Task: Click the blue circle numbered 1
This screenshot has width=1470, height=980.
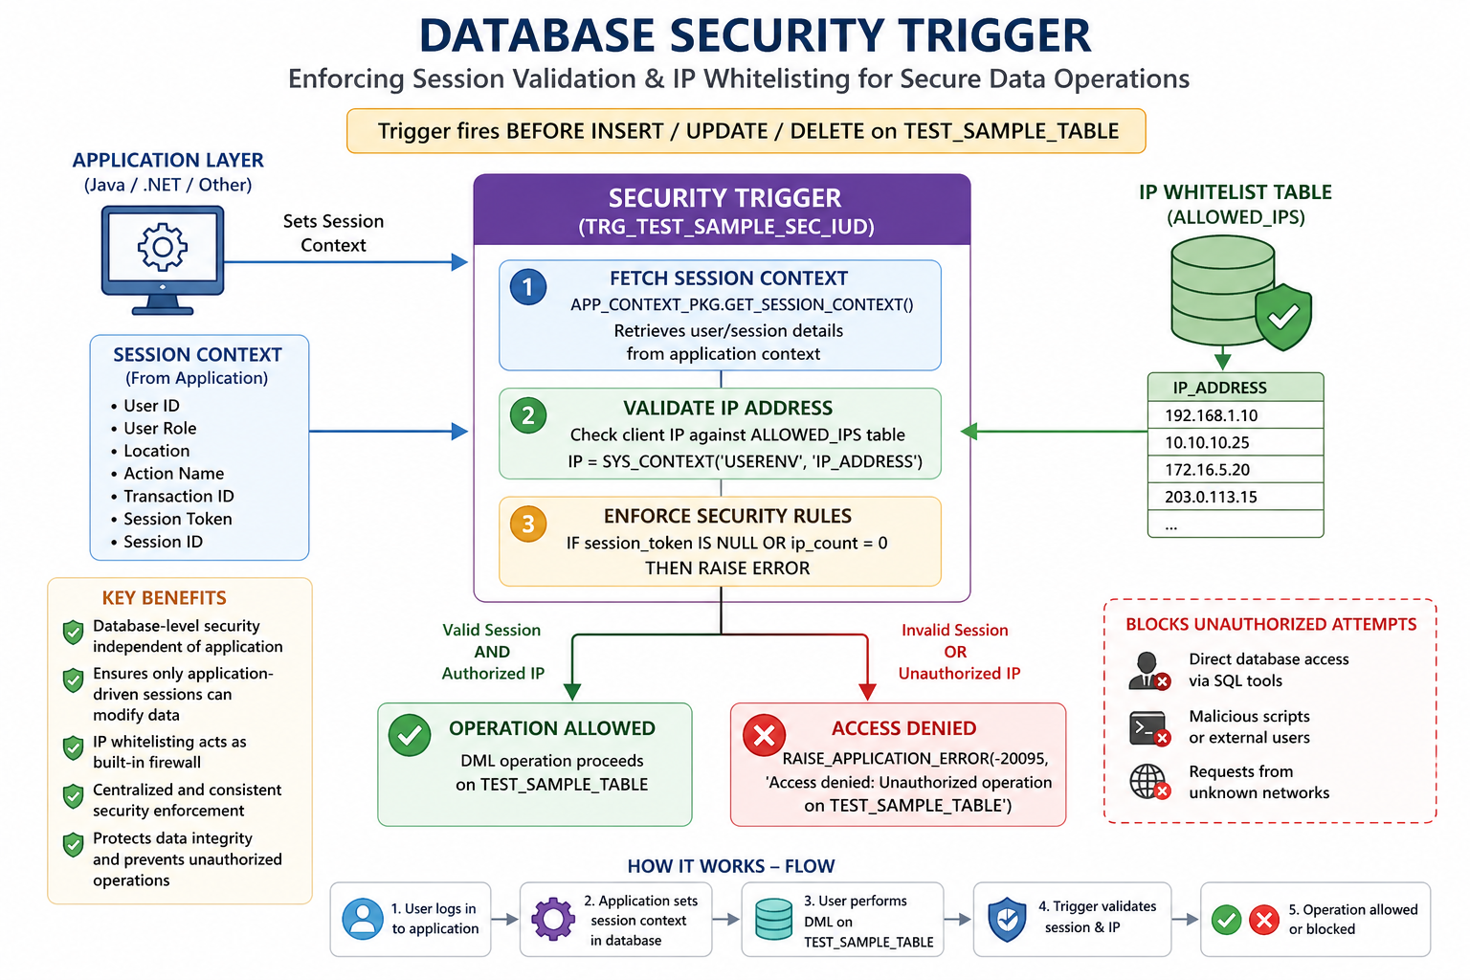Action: coord(528,287)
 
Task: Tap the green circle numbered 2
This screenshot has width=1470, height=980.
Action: coord(528,415)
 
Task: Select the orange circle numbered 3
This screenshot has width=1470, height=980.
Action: coord(528,523)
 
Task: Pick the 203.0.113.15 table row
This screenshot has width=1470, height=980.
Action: coord(1236,497)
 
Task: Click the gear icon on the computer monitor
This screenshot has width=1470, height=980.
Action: coord(162,247)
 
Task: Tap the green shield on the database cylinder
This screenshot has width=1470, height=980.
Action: coord(1283,317)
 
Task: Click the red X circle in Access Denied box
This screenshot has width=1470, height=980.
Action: coord(764,735)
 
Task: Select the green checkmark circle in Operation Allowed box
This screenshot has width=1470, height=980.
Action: coord(410,735)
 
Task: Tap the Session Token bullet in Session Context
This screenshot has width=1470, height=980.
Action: coord(171,519)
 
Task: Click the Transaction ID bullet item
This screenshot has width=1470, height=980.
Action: coord(172,497)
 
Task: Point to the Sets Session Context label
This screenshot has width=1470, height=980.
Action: coord(333,233)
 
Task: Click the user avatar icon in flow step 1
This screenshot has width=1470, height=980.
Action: coord(363,919)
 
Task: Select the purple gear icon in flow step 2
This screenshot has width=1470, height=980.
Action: coord(553,919)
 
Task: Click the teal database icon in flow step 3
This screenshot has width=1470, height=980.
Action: coord(773,919)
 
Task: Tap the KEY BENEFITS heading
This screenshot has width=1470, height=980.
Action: coord(164,598)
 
